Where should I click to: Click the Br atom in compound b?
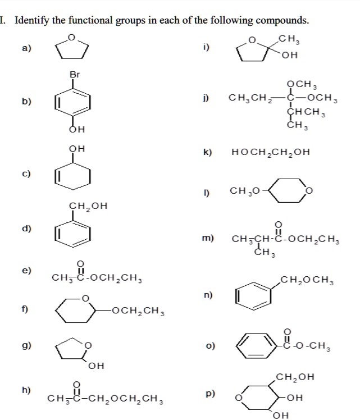[x=75, y=74]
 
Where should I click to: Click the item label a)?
[x=27, y=48]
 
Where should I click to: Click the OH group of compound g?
[x=97, y=366]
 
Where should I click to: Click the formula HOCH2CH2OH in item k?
[x=270, y=152]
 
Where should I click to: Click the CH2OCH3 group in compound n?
[x=307, y=279]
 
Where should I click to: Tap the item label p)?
[x=210, y=394]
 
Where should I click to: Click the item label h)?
[x=27, y=389]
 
